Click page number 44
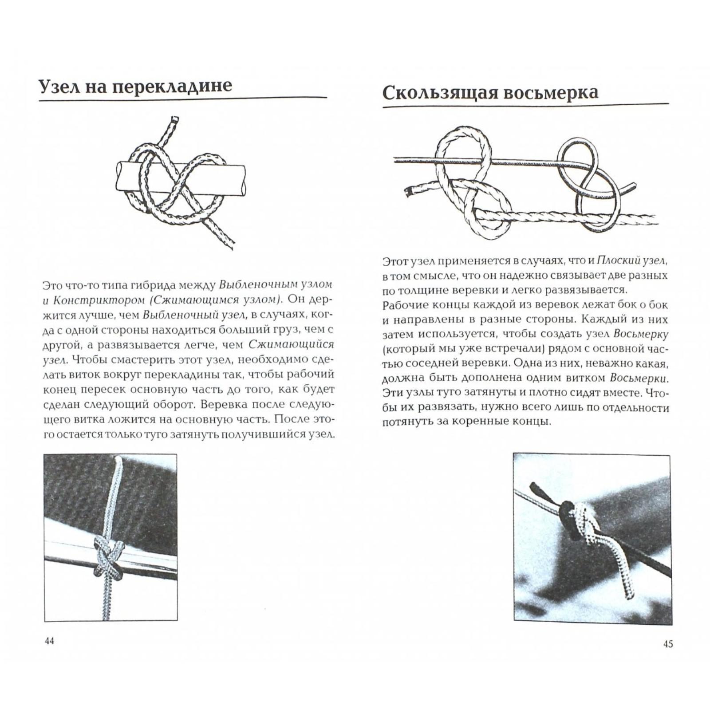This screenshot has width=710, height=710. tap(49, 641)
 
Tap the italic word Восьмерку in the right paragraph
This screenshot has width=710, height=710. tap(641, 334)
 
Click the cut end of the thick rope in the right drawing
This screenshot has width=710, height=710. tap(408, 191)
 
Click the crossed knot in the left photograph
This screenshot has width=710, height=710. tap(108, 558)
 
